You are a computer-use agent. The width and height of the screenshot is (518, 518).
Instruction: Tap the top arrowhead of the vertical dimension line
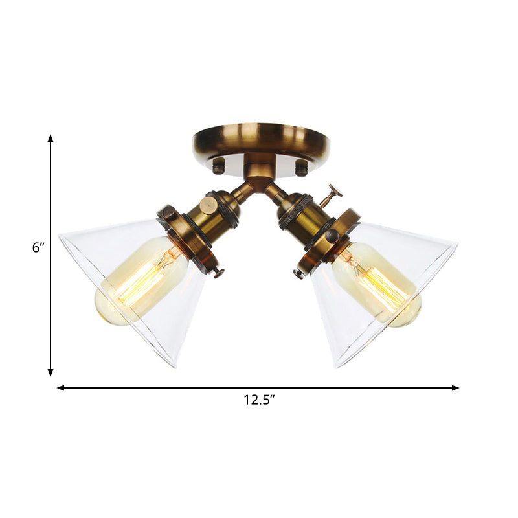coord(51,139)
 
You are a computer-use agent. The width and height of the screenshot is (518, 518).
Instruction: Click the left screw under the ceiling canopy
coord(219,166)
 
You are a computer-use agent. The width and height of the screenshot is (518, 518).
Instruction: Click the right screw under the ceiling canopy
coord(300,168)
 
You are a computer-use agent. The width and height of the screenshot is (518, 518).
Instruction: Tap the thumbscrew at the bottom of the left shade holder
coord(218,272)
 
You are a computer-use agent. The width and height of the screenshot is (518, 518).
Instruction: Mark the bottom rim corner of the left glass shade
coord(174,366)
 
